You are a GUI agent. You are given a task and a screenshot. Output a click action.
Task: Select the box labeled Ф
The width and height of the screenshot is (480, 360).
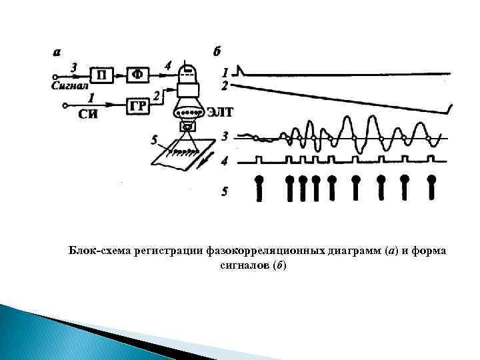click(x=138, y=75)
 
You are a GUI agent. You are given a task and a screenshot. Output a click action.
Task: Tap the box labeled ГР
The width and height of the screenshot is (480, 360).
click(x=138, y=105)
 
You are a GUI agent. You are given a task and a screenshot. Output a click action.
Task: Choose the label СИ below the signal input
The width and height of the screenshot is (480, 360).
click(x=88, y=114)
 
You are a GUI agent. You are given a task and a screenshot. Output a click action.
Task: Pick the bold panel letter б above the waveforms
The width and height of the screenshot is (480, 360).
click(x=217, y=52)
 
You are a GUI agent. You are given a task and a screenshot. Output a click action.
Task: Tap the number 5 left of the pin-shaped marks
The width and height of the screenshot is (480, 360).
click(x=224, y=191)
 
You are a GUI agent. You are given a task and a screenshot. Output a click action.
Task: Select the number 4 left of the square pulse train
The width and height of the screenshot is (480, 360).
click(x=225, y=161)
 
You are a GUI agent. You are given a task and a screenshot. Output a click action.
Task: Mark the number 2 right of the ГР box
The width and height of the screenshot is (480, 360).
click(x=156, y=97)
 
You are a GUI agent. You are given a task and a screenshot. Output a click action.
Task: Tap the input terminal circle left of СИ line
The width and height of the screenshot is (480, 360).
click(x=64, y=105)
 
